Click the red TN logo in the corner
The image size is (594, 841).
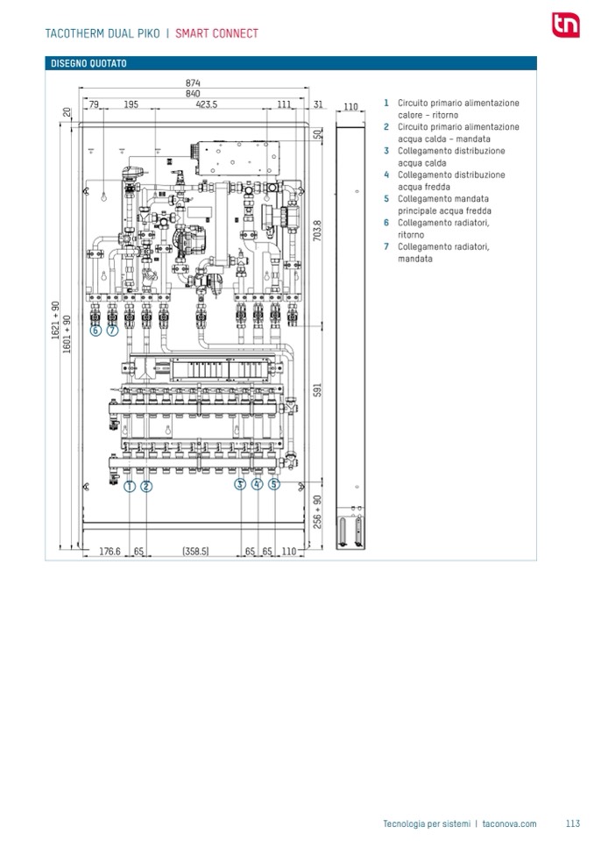pyautogui.click(x=564, y=25)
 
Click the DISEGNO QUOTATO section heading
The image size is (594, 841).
pyautogui.click(x=88, y=64)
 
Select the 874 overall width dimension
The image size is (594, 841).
pyautogui.click(x=193, y=83)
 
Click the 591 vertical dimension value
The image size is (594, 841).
pyautogui.click(x=318, y=388)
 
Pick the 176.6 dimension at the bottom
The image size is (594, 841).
pyautogui.click(x=109, y=552)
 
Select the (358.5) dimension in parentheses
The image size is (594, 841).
pyautogui.click(x=194, y=552)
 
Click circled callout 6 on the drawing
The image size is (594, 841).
pyautogui.click(x=95, y=331)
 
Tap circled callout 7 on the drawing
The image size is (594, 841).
pyautogui.click(x=112, y=331)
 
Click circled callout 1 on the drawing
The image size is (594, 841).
pyautogui.click(x=130, y=485)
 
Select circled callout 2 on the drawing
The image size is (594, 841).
pyautogui.click(x=146, y=485)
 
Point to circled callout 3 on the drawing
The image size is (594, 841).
pyautogui.click(x=240, y=483)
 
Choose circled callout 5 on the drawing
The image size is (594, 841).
pyautogui.click(x=274, y=483)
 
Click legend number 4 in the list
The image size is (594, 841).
pyautogui.click(x=385, y=175)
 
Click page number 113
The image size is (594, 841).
pyautogui.click(x=573, y=823)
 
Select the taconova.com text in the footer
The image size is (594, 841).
pyautogui.click(x=509, y=823)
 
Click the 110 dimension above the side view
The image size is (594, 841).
pyautogui.click(x=350, y=107)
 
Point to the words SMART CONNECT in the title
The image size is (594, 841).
pyautogui.click(x=216, y=33)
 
